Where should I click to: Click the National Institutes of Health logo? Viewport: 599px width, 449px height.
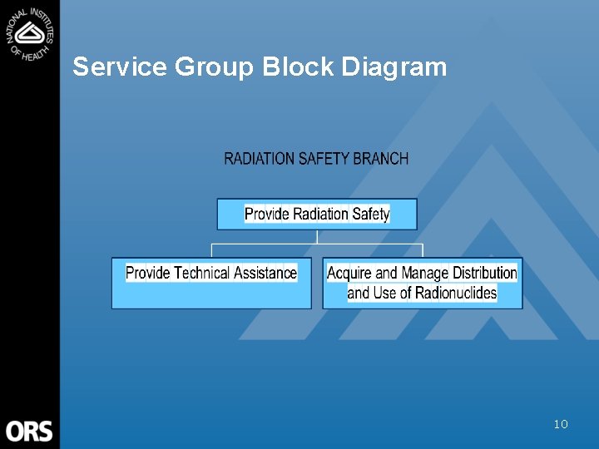click(30, 33)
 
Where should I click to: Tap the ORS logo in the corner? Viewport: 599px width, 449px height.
click(30, 431)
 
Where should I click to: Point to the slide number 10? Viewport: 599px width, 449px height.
click(561, 424)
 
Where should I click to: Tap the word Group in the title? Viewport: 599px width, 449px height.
click(214, 67)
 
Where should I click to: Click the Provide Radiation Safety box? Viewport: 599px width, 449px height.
click(317, 214)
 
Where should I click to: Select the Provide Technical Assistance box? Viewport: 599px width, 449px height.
click(211, 284)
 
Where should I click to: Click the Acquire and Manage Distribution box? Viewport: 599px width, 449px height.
click(422, 284)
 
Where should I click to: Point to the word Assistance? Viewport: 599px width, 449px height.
click(265, 273)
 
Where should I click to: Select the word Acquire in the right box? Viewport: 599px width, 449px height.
click(349, 273)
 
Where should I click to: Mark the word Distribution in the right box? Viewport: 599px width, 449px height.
click(485, 273)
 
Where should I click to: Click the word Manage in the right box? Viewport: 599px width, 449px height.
click(425, 273)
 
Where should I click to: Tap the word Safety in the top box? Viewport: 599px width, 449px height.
click(371, 214)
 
